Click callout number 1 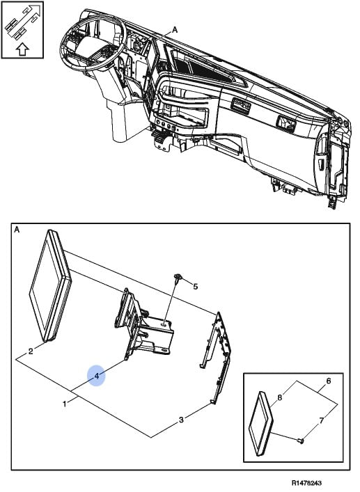(65, 404)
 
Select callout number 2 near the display (31, 351)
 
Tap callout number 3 (181, 420)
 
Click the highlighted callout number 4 (97, 376)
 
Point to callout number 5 (195, 287)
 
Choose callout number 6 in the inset (329, 381)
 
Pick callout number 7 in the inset (322, 420)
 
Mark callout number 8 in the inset (280, 397)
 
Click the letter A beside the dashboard (175, 30)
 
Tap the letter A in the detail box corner (17, 230)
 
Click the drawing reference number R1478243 (306, 483)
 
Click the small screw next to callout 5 (178, 278)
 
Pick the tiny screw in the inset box (301, 441)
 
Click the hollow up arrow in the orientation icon (22, 49)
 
